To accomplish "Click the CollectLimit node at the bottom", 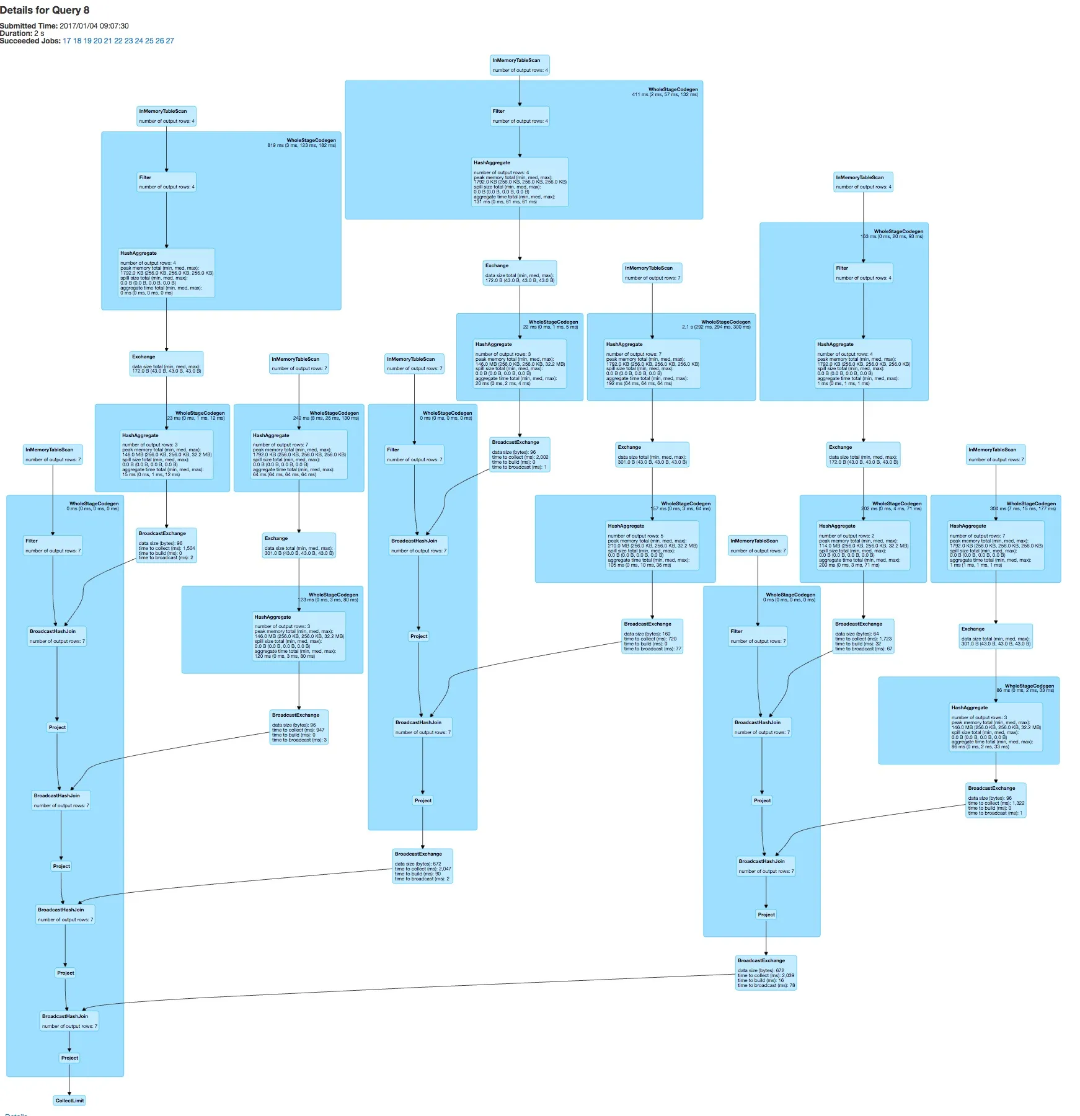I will tap(69, 1100).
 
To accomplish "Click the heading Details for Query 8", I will tap(45, 10).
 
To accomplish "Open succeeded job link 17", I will tap(67, 41).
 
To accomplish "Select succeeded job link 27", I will tap(170, 41).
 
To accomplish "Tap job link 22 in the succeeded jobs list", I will tap(118, 41).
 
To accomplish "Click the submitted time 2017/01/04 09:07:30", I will tap(94, 26).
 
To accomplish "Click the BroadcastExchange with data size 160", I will tap(652, 636).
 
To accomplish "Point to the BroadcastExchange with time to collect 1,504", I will tap(166, 545).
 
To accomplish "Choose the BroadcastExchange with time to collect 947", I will tap(299, 727).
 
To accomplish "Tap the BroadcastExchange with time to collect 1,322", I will tap(996, 800).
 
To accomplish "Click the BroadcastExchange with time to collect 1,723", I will tap(863, 636).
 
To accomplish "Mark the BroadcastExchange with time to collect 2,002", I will tap(520, 454).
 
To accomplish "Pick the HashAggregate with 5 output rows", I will tap(652, 545).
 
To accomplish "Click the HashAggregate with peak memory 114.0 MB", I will tap(864, 545).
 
